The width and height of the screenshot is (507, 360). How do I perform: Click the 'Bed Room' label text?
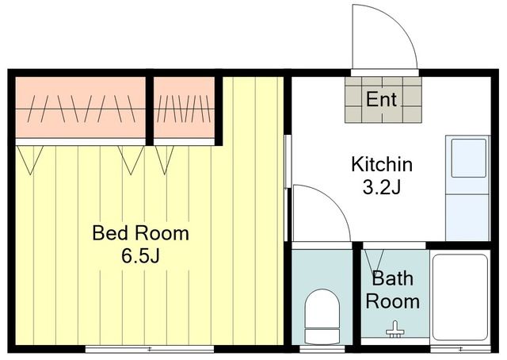coord(141,233)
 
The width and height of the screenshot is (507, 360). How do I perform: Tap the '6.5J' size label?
coord(141,256)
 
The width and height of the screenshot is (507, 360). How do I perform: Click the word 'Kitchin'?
coord(382,164)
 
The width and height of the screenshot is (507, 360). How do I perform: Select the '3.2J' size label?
coord(382,187)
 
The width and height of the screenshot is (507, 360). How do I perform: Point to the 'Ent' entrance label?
coord(382,99)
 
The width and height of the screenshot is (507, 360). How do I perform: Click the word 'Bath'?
coord(393,278)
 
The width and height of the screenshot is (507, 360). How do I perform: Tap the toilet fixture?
coord(322,316)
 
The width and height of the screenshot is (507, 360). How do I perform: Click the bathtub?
coord(460,297)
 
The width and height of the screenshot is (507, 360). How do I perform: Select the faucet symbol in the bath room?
coord(395,330)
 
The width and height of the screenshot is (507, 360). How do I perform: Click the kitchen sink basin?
coord(468,158)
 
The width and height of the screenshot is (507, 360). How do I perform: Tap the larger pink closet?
coord(81,107)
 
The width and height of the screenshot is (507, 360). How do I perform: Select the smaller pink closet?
coord(184,107)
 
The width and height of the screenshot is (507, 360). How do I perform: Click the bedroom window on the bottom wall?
coord(150,349)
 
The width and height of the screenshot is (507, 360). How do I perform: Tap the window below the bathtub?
coord(460,349)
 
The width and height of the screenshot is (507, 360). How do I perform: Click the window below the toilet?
coord(322,349)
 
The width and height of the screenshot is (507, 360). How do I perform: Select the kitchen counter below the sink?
coord(467,217)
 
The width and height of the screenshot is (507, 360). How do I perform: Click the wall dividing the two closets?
coord(150,111)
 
